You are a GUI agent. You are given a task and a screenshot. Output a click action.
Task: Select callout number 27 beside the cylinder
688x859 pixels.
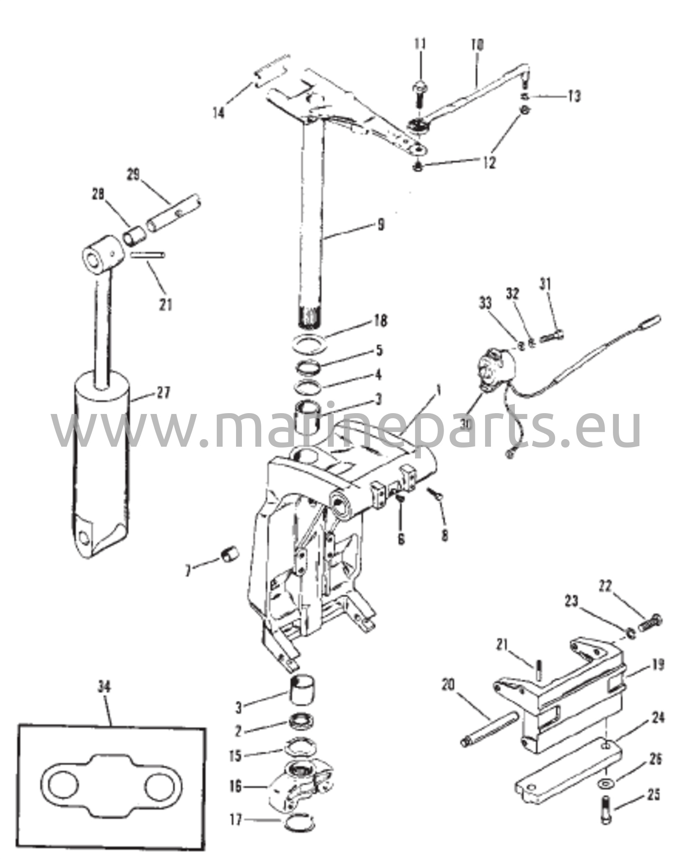(x=164, y=393)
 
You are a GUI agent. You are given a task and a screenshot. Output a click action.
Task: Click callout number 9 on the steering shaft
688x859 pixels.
(x=380, y=225)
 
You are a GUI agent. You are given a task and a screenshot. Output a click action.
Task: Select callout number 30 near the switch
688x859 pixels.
(x=465, y=424)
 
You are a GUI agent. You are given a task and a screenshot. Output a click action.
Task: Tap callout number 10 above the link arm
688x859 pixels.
(x=477, y=44)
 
